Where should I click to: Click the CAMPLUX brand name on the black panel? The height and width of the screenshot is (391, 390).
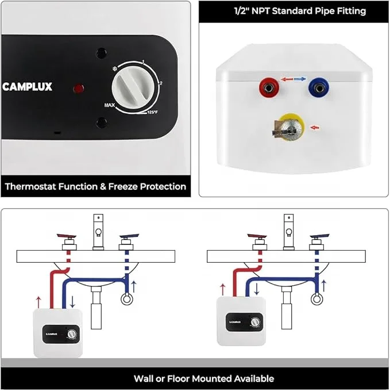click(x=27, y=87)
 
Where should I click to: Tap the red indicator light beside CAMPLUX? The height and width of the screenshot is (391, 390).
click(x=79, y=89)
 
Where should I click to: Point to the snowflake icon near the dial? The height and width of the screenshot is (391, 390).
click(x=114, y=69)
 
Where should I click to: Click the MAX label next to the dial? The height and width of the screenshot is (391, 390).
click(x=110, y=105)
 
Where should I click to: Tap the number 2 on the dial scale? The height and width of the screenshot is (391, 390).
click(x=160, y=84)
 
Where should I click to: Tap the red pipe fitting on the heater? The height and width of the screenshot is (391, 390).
click(x=267, y=88)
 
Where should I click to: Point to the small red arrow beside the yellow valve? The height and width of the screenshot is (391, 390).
click(x=314, y=126)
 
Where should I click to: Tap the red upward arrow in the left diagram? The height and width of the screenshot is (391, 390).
click(x=38, y=301)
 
